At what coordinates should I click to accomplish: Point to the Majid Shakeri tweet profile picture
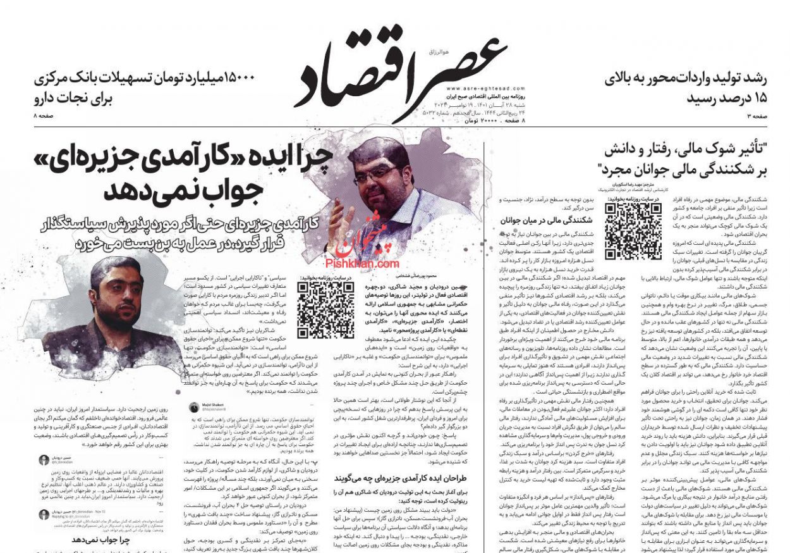point(194,408)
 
